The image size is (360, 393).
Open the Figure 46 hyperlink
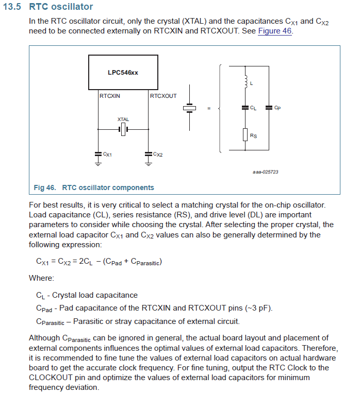(x=274, y=31)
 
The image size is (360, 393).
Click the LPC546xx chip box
(x=123, y=73)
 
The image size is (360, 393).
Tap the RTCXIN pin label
(x=110, y=96)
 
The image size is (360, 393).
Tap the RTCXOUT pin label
(x=163, y=96)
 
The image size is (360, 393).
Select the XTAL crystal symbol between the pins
(x=123, y=129)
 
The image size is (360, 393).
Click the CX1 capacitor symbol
(x=98, y=153)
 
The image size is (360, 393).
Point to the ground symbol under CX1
(x=98, y=163)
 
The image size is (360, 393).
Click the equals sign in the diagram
(x=209, y=108)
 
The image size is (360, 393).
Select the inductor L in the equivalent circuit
(x=245, y=81)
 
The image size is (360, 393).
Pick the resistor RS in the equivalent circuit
(x=245, y=135)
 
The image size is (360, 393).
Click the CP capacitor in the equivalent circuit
(x=269, y=108)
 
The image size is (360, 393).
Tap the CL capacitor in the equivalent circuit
(x=245, y=108)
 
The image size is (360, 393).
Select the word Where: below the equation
(x=41, y=278)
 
